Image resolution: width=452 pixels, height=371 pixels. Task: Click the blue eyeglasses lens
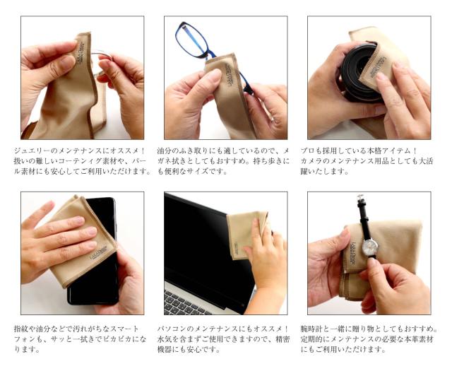pyautogui.click(x=191, y=40)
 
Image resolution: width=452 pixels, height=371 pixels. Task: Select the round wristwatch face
pyautogui.click(x=369, y=247)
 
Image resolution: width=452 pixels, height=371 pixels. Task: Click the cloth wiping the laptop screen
pyautogui.click(x=246, y=234)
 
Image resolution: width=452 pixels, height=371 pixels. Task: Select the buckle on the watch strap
pyautogui.click(x=360, y=198)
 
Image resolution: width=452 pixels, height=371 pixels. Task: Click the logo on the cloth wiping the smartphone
pyautogui.click(x=99, y=251)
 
